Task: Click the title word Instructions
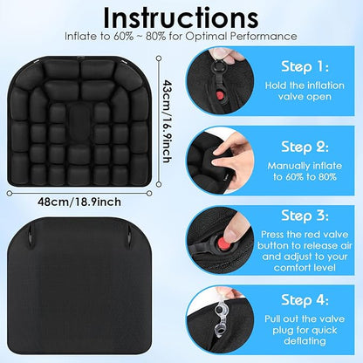click(181, 18)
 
